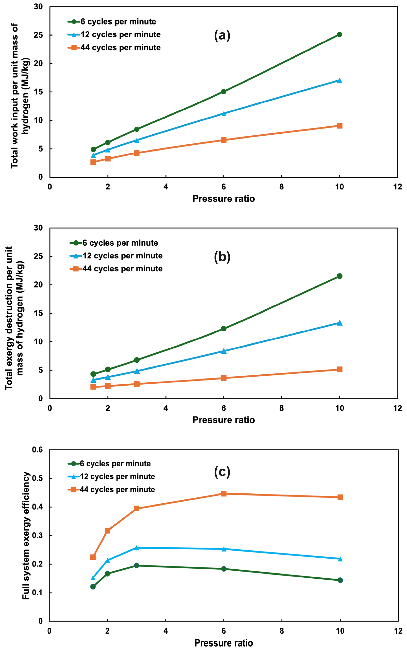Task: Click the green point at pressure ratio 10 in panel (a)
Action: [x=339, y=34]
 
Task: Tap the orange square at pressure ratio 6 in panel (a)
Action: [x=223, y=140]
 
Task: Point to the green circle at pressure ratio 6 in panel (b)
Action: [x=223, y=329]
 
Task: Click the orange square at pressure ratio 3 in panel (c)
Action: [x=136, y=509]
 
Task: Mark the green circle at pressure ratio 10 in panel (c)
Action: [x=340, y=580]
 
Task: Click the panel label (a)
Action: [x=222, y=35]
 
